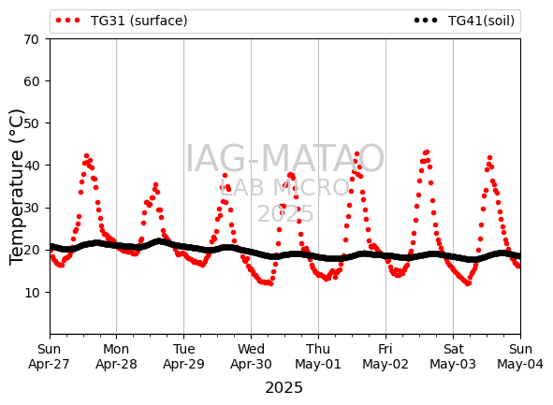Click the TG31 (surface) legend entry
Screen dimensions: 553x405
(x=122, y=21)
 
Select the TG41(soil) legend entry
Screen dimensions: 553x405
(x=464, y=21)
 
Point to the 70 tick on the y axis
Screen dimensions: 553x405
(x=31, y=39)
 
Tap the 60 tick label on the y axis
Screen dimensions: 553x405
(x=31, y=81)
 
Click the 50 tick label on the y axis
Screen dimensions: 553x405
(x=31, y=123)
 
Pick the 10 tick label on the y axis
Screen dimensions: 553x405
(x=31, y=292)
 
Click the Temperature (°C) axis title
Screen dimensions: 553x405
(x=17, y=187)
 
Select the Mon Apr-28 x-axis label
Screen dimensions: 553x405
(x=116, y=356)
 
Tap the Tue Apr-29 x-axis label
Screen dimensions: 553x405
(x=183, y=356)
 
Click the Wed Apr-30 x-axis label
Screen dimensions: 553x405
(x=251, y=356)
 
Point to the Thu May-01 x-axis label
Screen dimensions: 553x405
(x=318, y=356)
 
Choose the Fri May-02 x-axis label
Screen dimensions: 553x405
(x=386, y=356)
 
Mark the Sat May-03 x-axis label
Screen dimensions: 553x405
(x=453, y=356)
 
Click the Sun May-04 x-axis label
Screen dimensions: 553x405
(x=520, y=356)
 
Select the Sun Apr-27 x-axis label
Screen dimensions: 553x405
(x=49, y=356)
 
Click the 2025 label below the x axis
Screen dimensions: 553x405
(x=284, y=388)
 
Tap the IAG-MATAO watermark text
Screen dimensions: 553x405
(x=284, y=159)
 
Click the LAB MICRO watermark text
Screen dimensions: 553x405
(x=284, y=187)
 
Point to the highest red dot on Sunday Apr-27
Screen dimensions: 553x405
(x=86, y=156)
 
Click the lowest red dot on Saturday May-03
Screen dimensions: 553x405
(x=468, y=283)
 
